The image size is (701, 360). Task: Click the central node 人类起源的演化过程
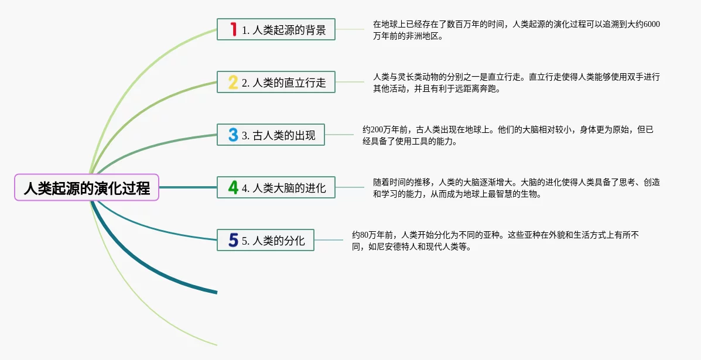(x=87, y=187)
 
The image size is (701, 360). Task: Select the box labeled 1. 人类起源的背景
(x=276, y=29)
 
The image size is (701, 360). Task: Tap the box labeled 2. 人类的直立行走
(x=276, y=82)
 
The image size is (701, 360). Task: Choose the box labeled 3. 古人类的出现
(x=271, y=135)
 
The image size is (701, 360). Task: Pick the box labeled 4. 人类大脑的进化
(x=276, y=187)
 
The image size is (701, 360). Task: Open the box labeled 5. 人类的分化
(x=265, y=241)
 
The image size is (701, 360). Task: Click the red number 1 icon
(x=233, y=29)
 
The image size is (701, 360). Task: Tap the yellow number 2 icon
(x=233, y=82)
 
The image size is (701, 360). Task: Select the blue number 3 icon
(x=233, y=135)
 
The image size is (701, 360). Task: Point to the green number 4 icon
(x=233, y=187)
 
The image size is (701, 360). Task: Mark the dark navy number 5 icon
(x=233, y=241)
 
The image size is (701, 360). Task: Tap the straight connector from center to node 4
(x=188, y=187)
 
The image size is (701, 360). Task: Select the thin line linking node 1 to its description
(x=350, y=29)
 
